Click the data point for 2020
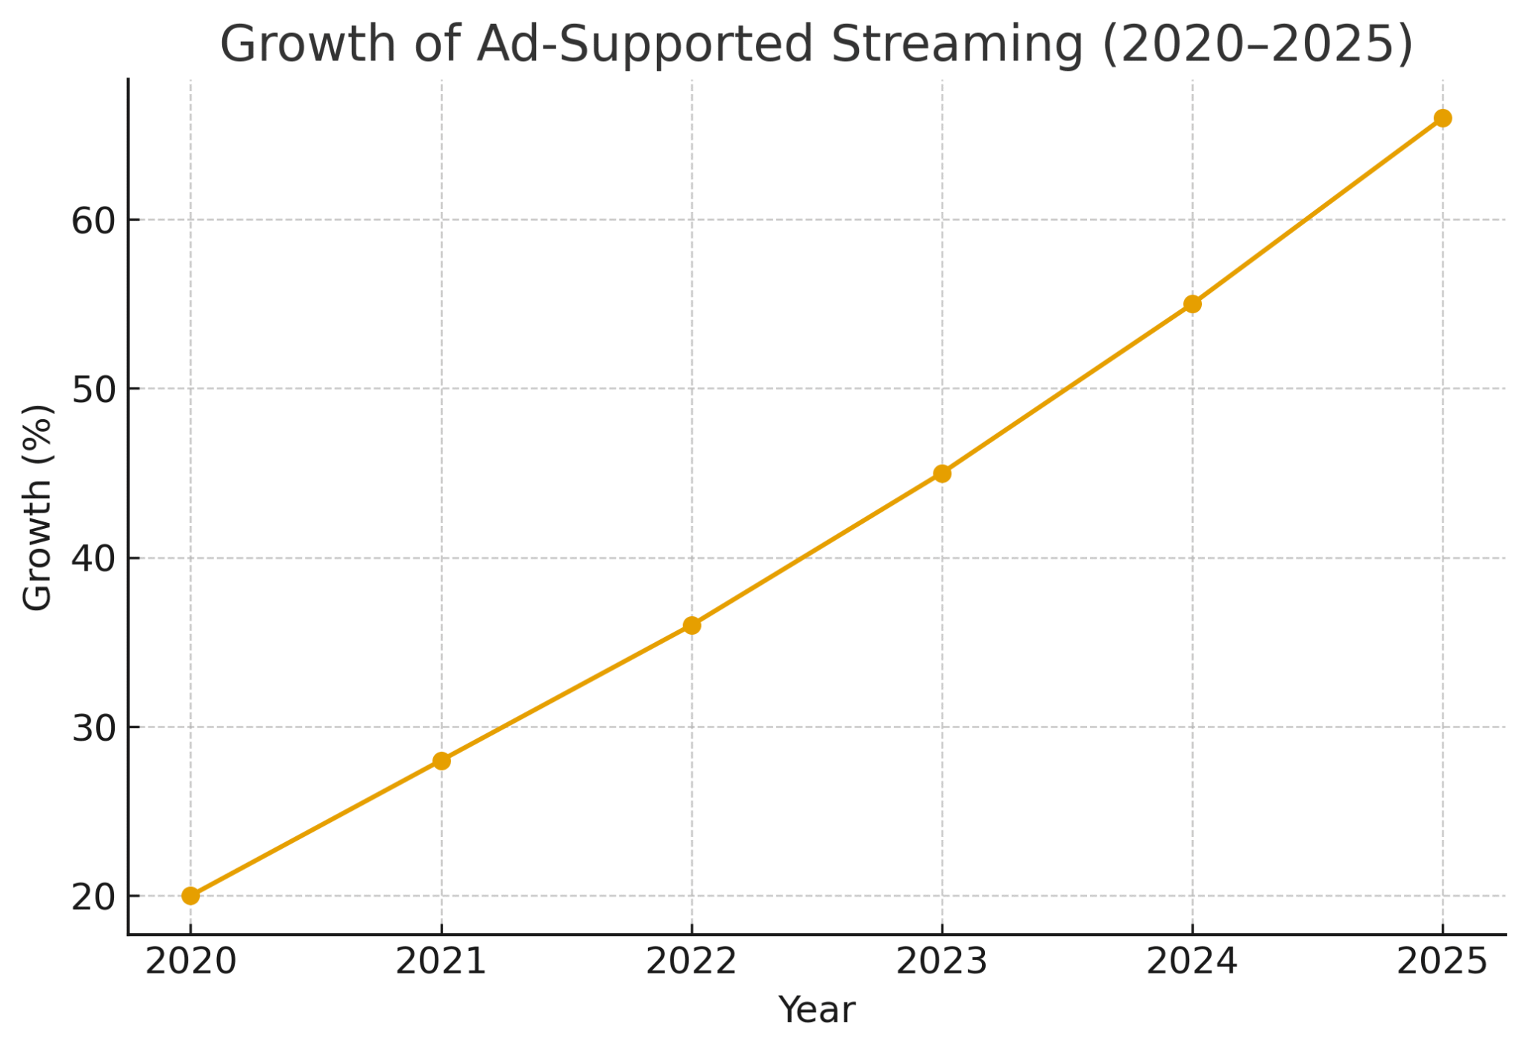tap(191, 895)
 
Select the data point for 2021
tap(441, 761)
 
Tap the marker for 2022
tap(692, 625)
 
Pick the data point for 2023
tap(942, 473)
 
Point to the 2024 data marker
tap(1192, 304)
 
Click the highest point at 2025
tap(1443, 118)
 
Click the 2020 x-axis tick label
tap(191, 962)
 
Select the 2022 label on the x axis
tap(691, 962)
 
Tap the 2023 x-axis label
tap(942, 962)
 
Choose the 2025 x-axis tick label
tap(1442, 962)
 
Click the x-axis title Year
tap(816, 1011)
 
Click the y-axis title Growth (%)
tap(37, 507)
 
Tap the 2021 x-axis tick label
tap(441, 962)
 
